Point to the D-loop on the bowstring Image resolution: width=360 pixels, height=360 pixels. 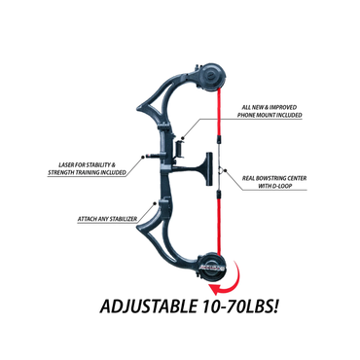coord(221,170)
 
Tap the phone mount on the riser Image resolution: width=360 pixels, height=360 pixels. coord(180,149)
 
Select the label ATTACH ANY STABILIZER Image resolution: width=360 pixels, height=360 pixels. coord(107,219)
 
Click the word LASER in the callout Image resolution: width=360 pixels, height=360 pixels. coord(67,165)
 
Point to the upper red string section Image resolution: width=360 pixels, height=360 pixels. coord(220,114)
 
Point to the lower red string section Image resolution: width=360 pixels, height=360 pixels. coord(220,223)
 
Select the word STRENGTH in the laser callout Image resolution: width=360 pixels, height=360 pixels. coord(61,173)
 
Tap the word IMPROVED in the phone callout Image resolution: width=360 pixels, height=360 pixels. coord(283,107)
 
